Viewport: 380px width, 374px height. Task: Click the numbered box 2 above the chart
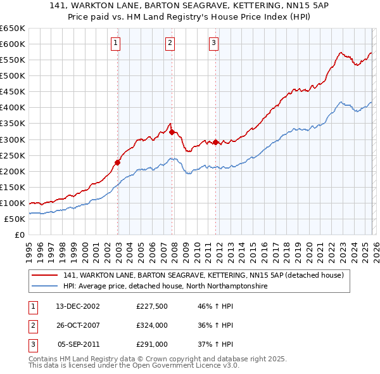tap(170, 43)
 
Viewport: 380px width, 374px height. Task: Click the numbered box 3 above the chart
tap(213, 43)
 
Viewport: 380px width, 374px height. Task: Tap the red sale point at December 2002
tap(118, 162)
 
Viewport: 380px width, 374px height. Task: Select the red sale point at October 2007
tap(172, 131)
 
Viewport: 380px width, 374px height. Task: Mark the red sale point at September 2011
tap(215, 142)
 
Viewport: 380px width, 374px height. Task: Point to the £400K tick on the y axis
tap(13, 107)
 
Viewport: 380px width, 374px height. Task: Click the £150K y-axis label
tap(13, 187)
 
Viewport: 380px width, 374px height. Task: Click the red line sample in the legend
tap(46, 276)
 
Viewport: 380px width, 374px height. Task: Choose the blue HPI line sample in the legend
tap(46, 287)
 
